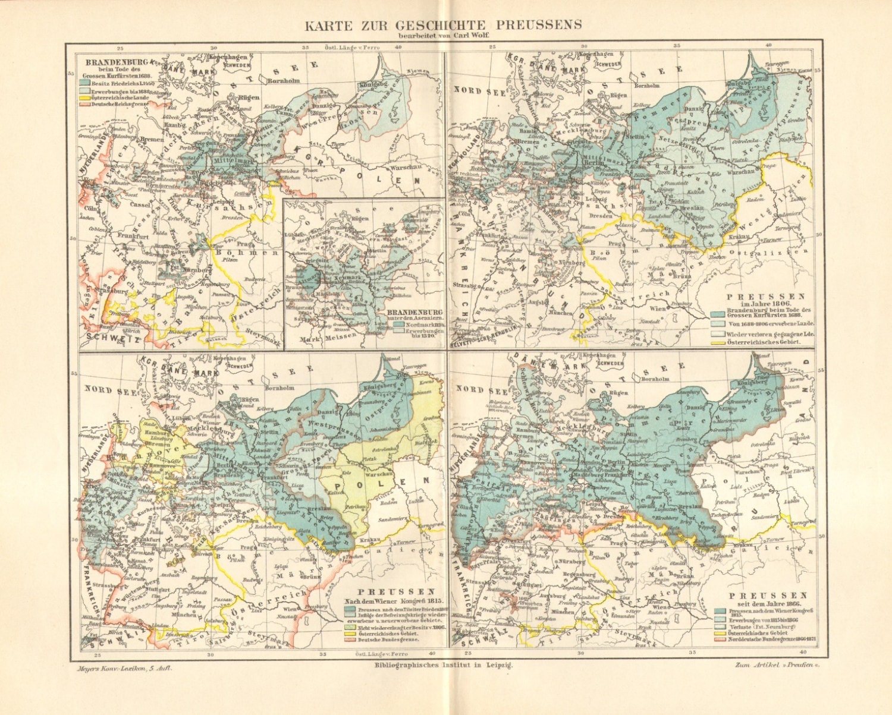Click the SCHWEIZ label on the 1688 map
click(x=112, y=338)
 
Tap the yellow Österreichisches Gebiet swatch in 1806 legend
click(x=718, y=343)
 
